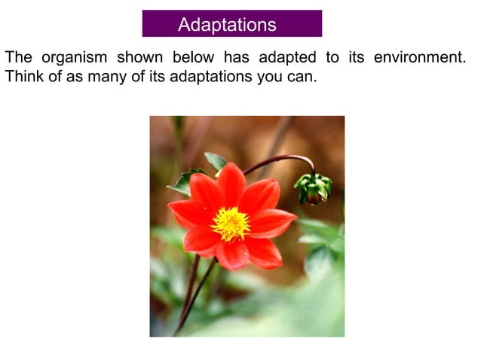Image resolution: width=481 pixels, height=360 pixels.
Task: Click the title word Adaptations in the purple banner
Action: [x=227, y=24]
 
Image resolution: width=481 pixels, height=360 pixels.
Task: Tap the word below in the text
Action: [x=193, y=58]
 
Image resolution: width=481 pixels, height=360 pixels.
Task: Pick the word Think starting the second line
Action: [x=23, y=77]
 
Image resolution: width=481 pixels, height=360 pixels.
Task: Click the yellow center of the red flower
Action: [x=230, y=223]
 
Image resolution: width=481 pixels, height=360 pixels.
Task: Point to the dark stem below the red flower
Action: [x=195, y=294]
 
